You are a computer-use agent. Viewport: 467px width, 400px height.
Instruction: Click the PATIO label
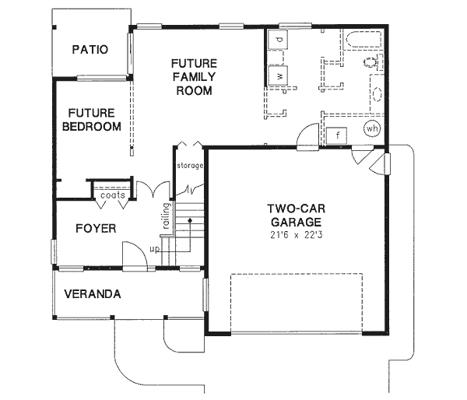tap(90, 50)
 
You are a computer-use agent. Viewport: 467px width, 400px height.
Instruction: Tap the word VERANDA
tap(92, 294)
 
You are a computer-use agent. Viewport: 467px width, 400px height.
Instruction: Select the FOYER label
tap(95, 228)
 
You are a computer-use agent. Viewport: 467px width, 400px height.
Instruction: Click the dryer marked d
tap(279, 39)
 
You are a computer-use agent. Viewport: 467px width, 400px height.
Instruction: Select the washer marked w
tap(279, 75)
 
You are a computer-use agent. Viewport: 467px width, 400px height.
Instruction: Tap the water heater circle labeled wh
tap(371, 128)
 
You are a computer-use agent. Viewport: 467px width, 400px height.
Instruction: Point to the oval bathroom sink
tap(376, 96)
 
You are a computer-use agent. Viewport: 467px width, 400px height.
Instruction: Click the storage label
tap(189, 166)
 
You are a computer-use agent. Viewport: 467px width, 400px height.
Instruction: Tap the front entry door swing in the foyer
tap(132, 254)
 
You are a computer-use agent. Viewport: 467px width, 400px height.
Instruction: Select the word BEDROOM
tap(93, 127)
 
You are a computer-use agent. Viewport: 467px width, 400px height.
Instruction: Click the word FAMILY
tap(194, 76)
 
